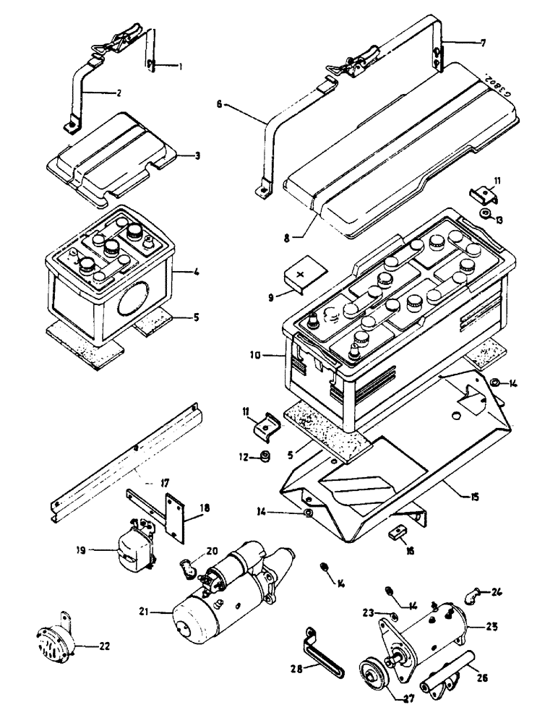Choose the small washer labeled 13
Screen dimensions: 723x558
[486, 215]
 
